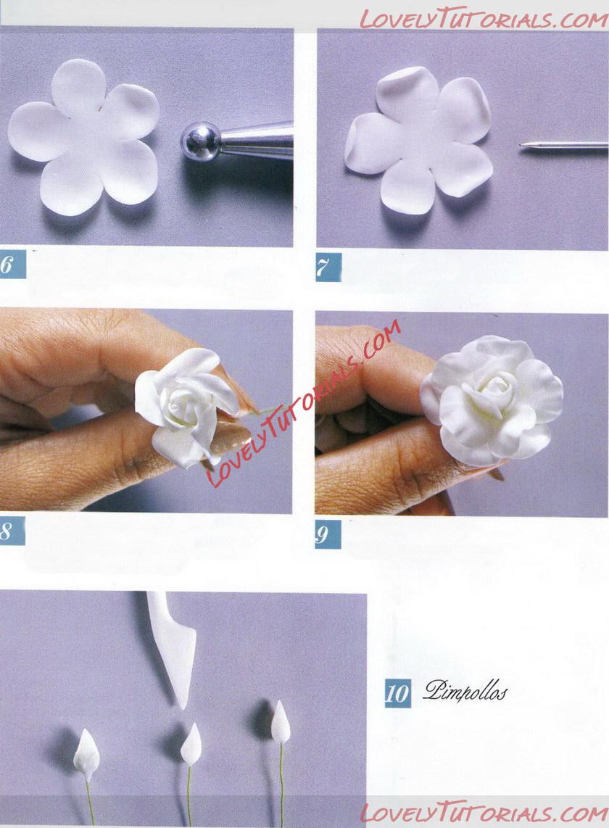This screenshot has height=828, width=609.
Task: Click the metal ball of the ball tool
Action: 201,141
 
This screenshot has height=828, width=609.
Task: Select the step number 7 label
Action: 328,268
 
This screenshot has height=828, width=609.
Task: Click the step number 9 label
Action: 328,535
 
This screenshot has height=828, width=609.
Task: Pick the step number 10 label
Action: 397,693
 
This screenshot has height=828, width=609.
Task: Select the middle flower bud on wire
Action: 191,744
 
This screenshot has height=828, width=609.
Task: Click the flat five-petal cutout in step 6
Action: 83,136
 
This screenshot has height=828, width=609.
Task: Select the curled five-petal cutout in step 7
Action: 418,139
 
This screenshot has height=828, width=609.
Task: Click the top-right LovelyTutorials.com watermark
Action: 483,20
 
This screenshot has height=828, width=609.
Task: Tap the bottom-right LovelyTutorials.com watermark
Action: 484,813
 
